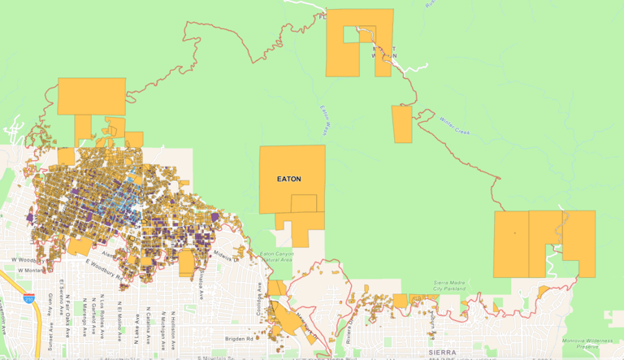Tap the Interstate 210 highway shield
(29, 299)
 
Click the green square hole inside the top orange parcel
(350, 35)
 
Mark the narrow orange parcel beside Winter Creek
(402, 124)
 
